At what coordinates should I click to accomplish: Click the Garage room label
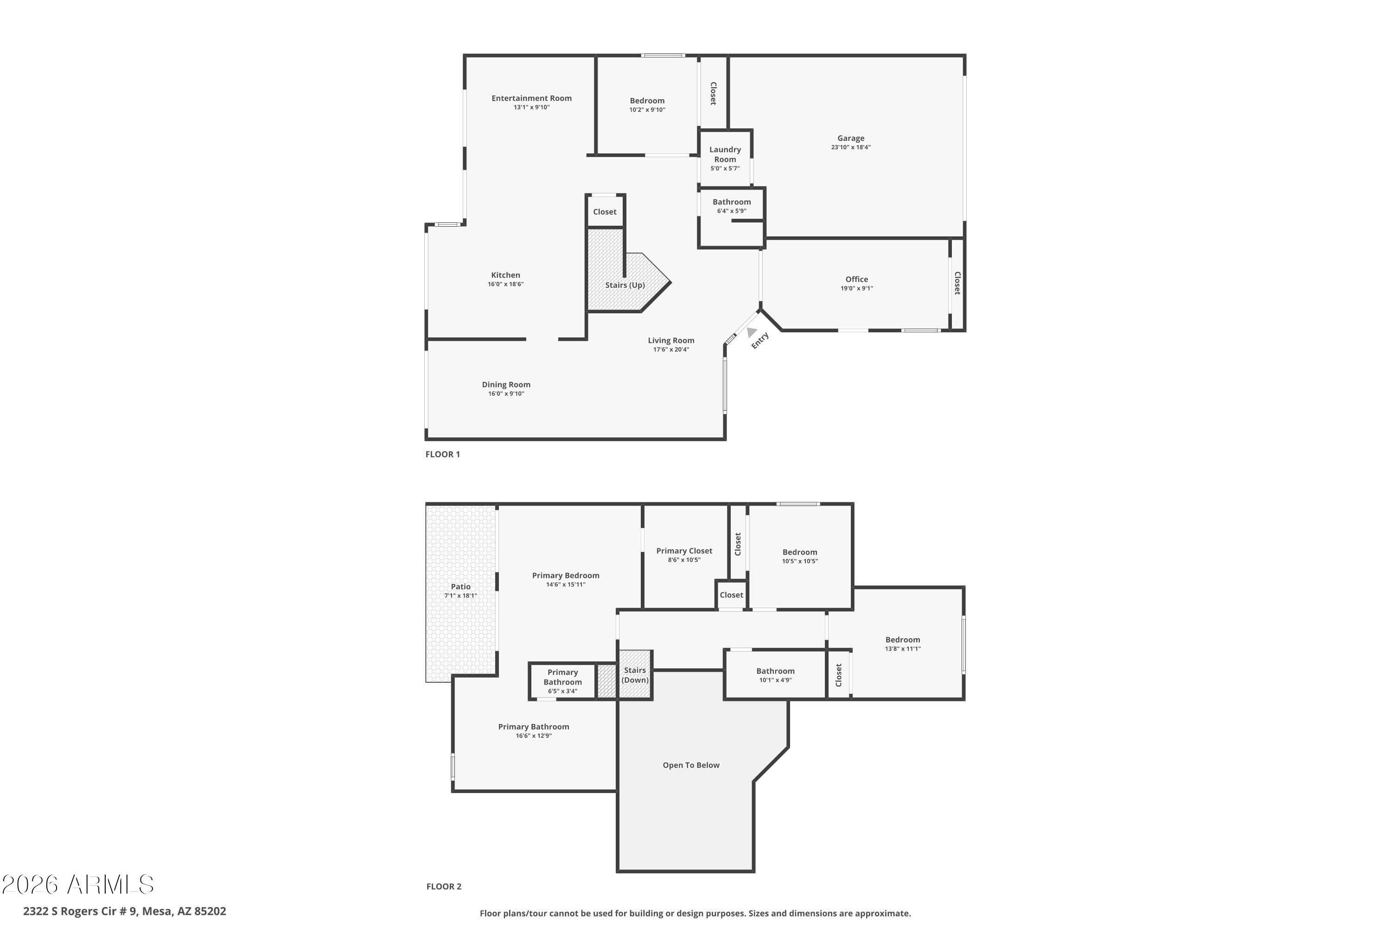pos(850,138)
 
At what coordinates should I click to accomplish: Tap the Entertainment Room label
pos(532,98)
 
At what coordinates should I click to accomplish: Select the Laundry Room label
pos(725,154)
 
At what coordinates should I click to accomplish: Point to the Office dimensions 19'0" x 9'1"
pos(856,288)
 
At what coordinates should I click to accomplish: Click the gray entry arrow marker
pos(752,332)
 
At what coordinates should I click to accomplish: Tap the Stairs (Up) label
pos(625,285)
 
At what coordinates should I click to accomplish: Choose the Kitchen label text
pos(506,275)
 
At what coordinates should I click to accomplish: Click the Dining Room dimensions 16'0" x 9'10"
pos(506,394)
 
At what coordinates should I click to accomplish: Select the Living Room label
pos(671,341)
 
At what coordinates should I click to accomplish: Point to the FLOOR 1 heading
pos(442,454)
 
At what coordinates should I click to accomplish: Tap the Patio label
pos(461,586)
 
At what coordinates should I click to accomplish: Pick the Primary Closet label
pos(684,551)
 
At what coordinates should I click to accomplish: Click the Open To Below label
pos(691,765)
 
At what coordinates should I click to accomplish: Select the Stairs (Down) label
pos(635,675)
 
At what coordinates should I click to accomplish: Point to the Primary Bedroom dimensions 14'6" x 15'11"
pos(566,584)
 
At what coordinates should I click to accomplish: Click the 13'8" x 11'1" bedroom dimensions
pos(902,648)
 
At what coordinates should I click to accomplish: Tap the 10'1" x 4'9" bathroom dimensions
pos(775,680)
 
